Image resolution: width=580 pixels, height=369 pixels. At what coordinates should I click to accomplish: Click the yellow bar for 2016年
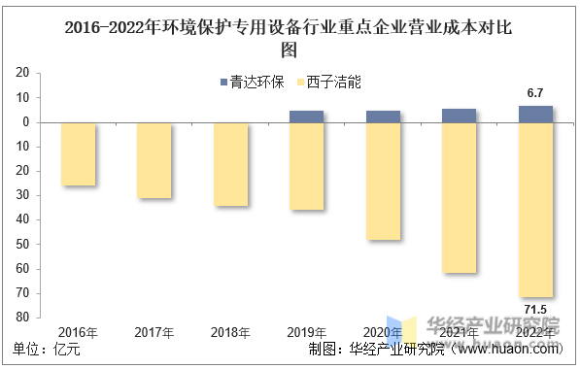pyautogui.click(x=78, y=153)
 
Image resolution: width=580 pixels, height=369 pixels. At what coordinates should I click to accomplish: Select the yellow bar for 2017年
pyautogui.click(x=154, y=160)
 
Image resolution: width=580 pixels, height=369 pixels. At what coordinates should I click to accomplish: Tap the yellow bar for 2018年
pyautogui.click(x=230, y=164)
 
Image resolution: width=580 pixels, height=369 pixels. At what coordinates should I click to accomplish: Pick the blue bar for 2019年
pyautogui.click(x=307, y=117)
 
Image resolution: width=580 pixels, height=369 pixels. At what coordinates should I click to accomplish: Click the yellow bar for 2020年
pyautogui.click(x=383, y=182)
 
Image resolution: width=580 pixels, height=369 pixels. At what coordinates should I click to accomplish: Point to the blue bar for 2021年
pyautogui.click(x=460, y=116)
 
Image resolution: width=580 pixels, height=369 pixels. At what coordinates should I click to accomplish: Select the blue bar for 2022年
pyautogui.click(x=535, y=114)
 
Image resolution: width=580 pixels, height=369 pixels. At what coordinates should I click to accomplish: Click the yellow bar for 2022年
pyautogui.click(x=535, y=210)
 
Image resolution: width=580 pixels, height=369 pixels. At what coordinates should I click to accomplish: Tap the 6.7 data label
pyautogui.click(x=535, y=93)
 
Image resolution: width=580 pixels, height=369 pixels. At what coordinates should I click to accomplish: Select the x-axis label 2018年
pyautogui.click(x=230, y=332)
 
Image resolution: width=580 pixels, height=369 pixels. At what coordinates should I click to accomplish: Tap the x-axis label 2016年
pyautogui.click(x=78, y=332)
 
